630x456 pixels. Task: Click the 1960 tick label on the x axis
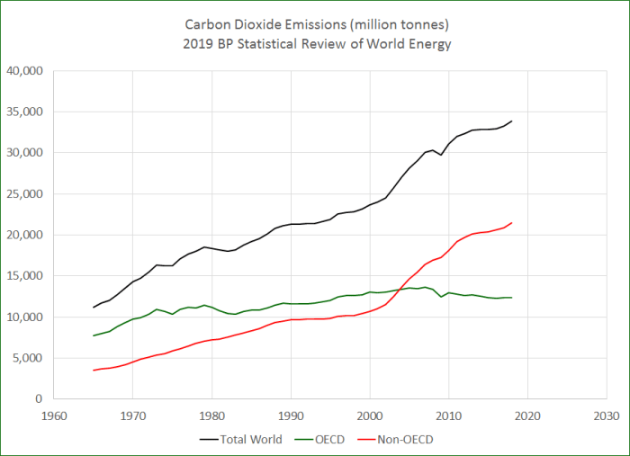click(x=53, y=416)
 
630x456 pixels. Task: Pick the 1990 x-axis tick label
click(x=291, y=416)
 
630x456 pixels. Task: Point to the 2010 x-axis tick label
click(x=448, y=416)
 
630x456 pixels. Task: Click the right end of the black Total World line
click(x=511, y=121)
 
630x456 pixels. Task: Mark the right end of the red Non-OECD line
click(x=511, y=223)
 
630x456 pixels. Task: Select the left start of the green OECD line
click(x=93, y=335)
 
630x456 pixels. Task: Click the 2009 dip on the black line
click(x=440, y=155)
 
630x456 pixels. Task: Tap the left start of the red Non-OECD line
click(x=93, y=370)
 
